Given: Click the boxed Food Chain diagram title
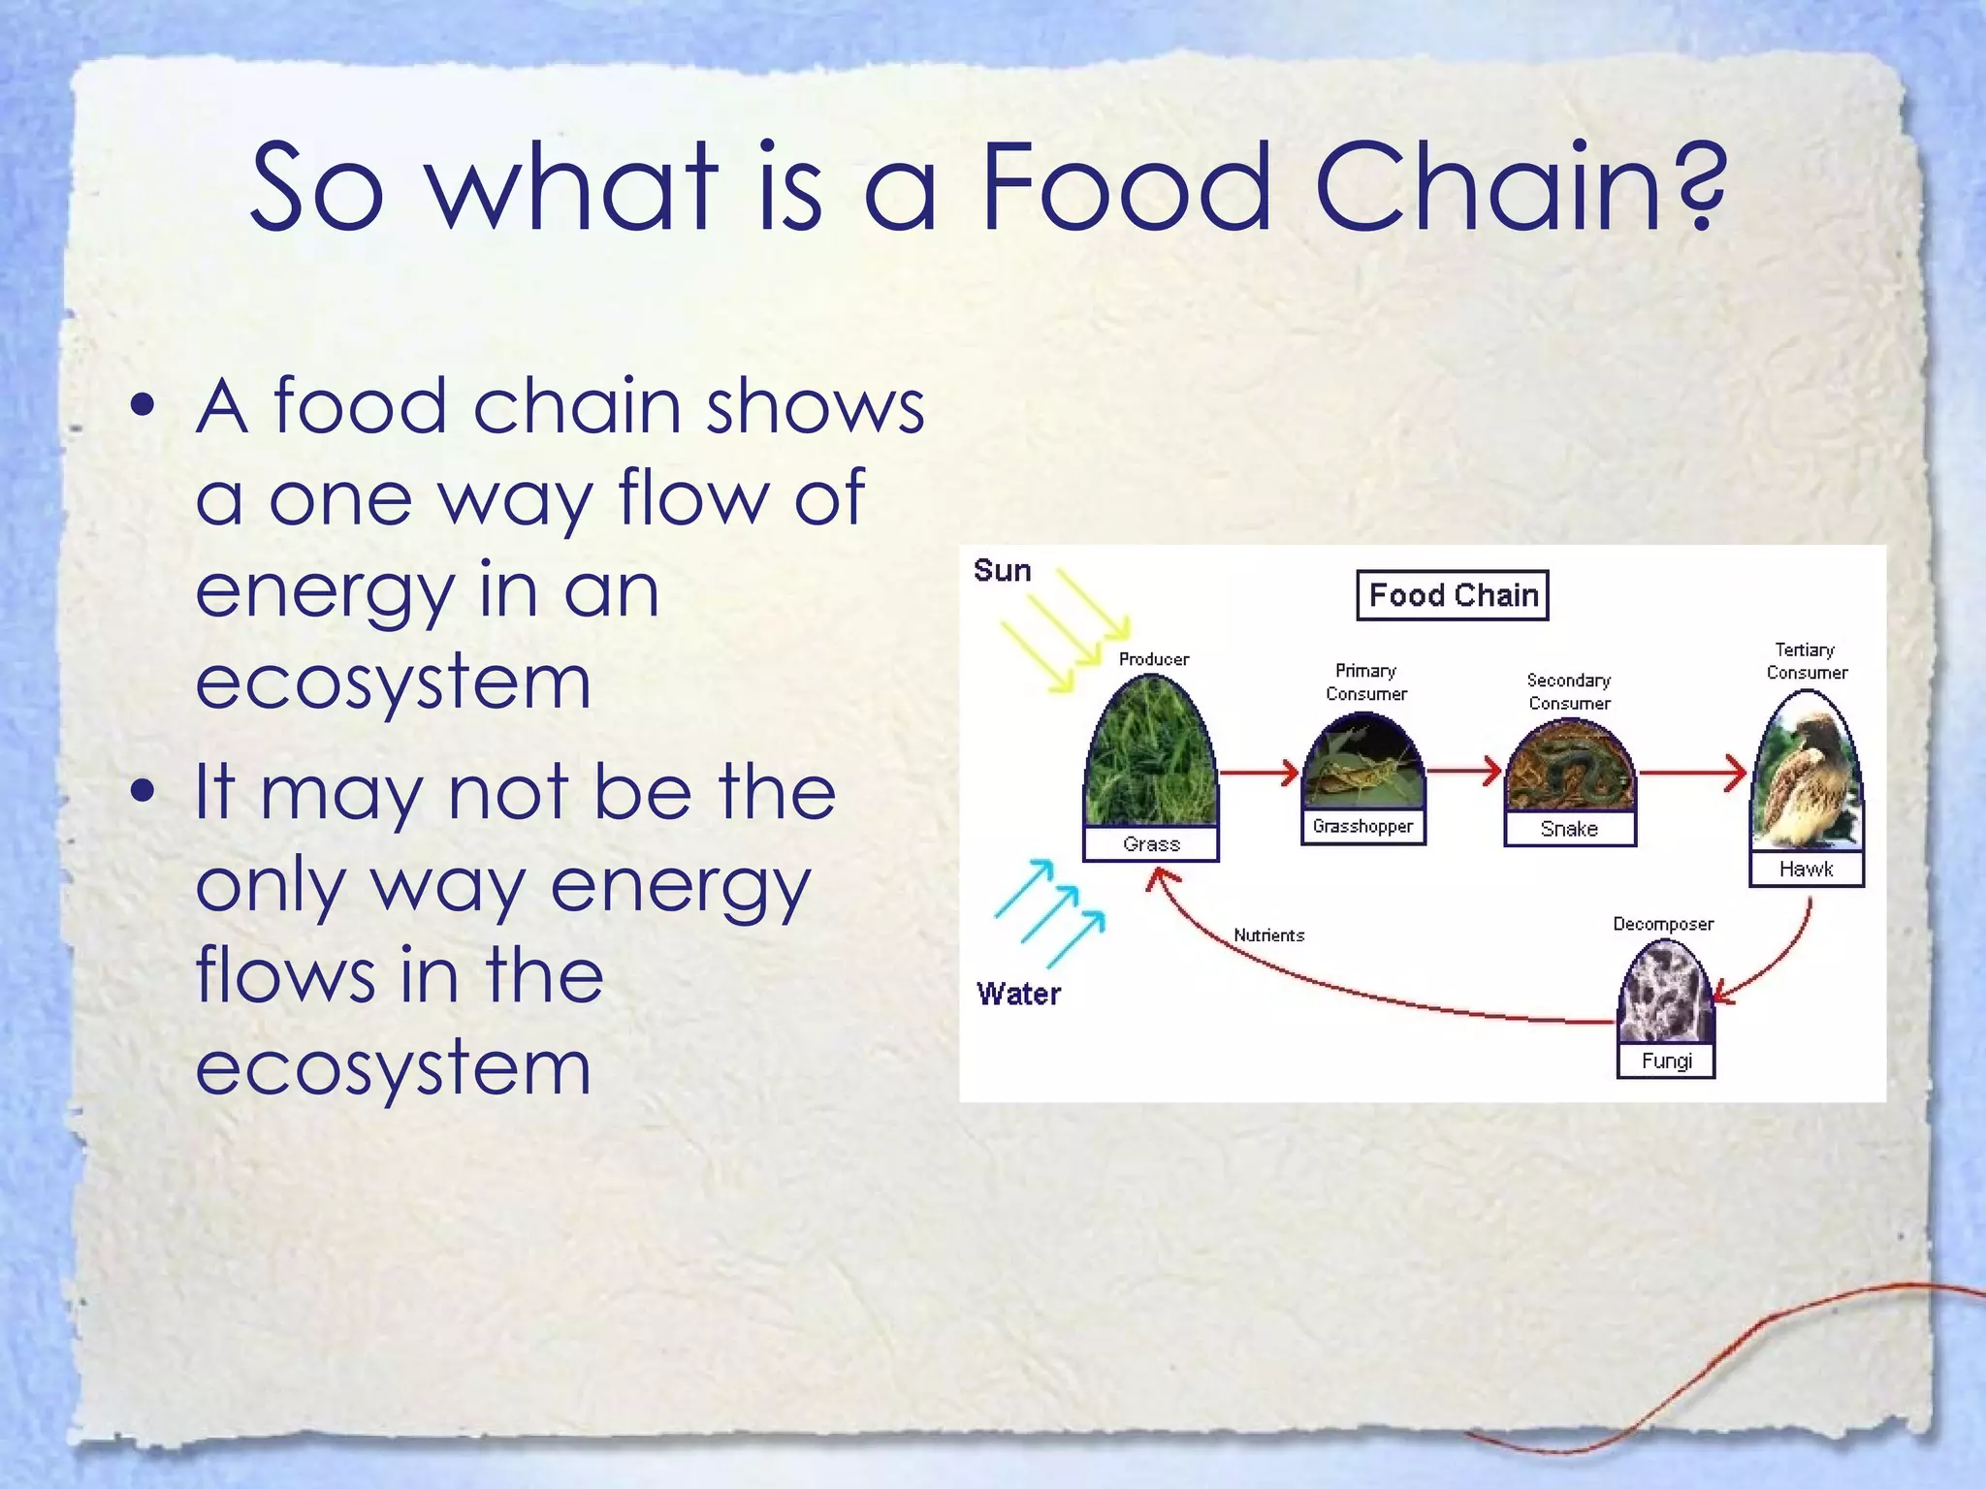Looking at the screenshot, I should click(1452, 595).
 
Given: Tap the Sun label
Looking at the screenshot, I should click(1002, 571).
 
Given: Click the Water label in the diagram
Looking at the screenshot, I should click(1018, 994).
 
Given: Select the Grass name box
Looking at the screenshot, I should click(1151, 844).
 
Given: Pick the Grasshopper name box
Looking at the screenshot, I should click(1362, 827).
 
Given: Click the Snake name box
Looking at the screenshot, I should click(1569, 829).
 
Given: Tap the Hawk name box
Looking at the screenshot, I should click(1806, 870).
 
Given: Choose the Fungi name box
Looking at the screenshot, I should click(1666, 1061).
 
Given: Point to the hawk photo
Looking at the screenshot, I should click(1806, 776).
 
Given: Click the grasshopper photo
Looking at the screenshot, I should click(1362, 766).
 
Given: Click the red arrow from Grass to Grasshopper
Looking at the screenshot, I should click(1259, 773).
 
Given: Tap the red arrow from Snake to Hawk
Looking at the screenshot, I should click(1692, 773).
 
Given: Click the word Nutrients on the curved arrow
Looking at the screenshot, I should click(1268, 935).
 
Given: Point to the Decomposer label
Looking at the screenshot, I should click(1662, 924).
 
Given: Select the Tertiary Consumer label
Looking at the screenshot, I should click(1806, 661).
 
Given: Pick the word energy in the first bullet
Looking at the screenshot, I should click(323, 591).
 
